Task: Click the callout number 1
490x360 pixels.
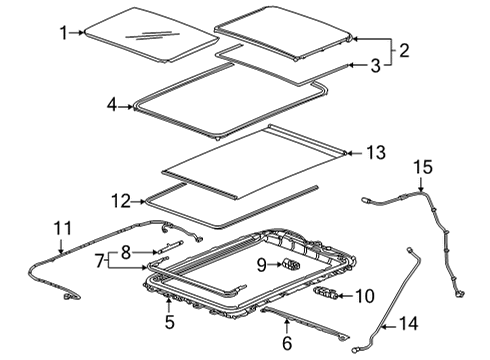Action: (63, 33)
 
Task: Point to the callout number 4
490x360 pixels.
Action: (113, 104)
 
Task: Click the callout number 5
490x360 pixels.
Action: (170, 321)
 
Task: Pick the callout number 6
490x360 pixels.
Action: (287, 344)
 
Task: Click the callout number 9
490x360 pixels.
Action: (261, 265)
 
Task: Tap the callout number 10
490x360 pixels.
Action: (362, 295)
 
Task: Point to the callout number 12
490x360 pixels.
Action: (120, 201)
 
